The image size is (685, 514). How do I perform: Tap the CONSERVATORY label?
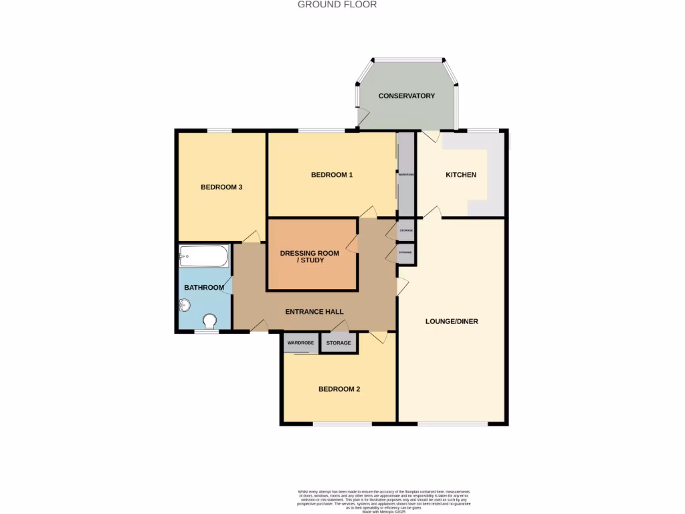(407, 96)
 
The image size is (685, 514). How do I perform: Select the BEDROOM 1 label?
(332, 175)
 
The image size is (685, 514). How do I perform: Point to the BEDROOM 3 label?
(221, 187)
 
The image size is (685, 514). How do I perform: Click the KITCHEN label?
(461, 175)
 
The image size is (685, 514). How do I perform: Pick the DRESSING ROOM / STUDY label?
(309, 256)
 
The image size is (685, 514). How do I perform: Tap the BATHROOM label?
(204, 288)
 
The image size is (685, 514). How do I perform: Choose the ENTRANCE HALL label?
(314, 312)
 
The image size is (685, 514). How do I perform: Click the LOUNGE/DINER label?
(452, 321)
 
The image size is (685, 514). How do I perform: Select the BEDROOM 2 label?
(339, 389)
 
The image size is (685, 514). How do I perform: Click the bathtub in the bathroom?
(204, 256)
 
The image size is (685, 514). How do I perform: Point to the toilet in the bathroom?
(210, 323)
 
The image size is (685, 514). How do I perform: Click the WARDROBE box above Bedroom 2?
(300, 343)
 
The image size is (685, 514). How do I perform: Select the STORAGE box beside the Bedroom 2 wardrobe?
(338, 343)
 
